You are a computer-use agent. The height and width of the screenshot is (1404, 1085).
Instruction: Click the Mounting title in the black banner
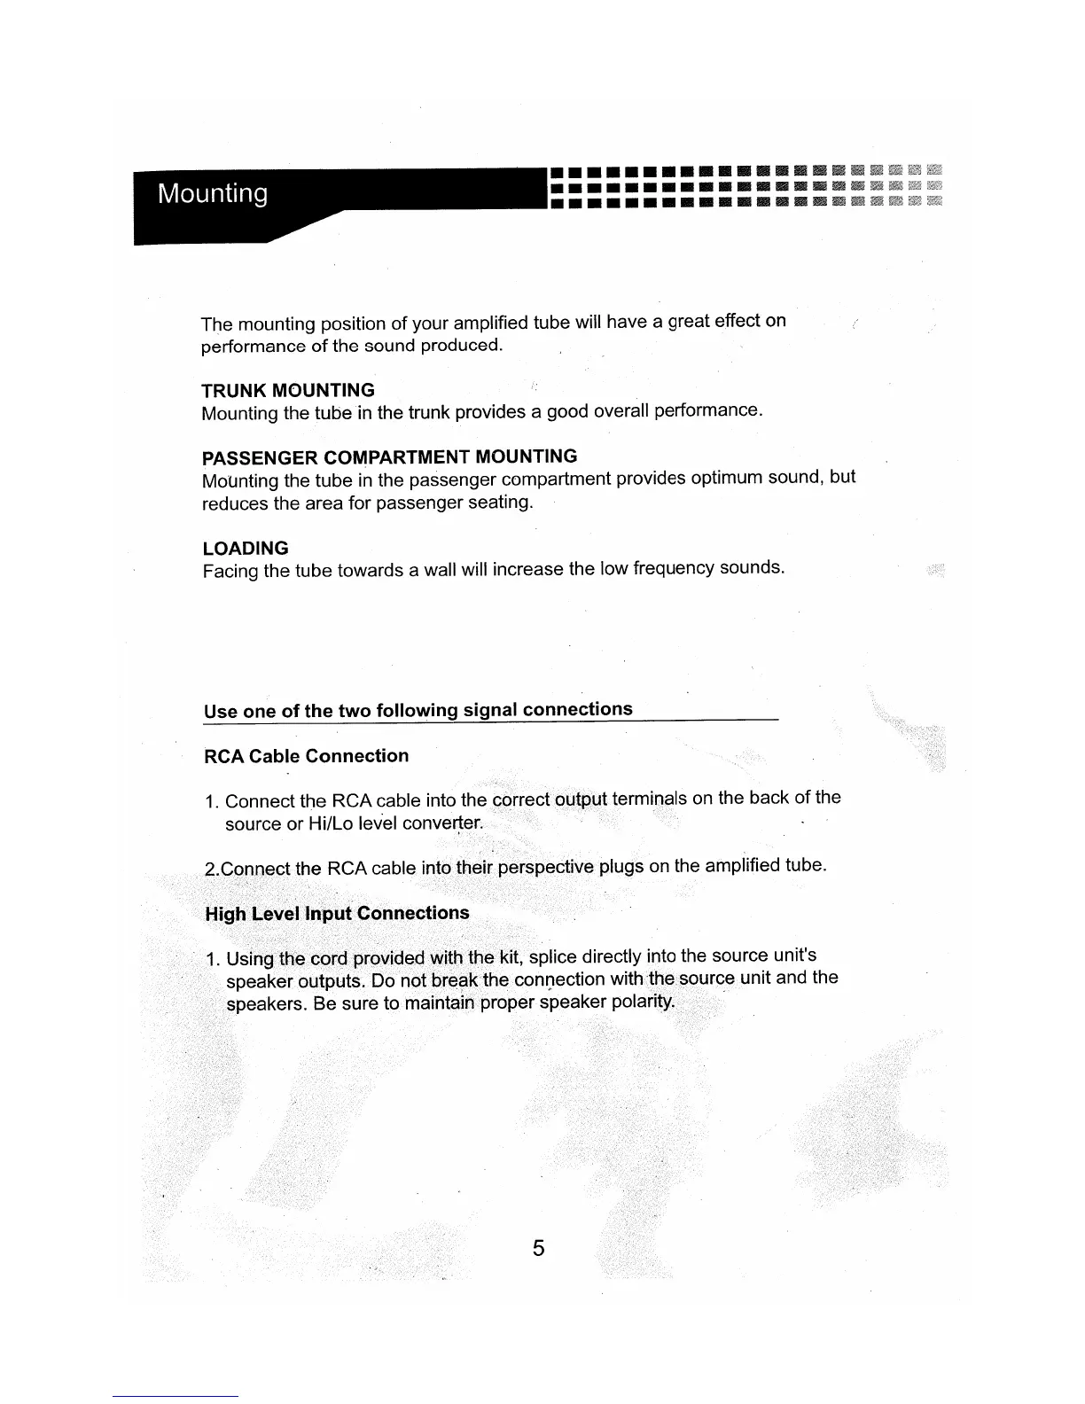coord(213,194)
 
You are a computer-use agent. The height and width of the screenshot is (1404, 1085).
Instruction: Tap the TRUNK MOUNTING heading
coord(288,391)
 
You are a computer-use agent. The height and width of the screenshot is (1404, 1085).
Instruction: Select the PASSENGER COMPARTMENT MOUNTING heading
coord(389,457)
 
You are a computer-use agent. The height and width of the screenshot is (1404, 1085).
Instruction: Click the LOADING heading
coord(246,549)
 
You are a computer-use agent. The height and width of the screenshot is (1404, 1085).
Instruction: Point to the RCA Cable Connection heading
coord(306,756)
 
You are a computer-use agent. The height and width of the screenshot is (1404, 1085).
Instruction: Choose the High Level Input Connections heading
coord(337,914)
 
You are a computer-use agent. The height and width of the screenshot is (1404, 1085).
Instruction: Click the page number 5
coord(538,1249)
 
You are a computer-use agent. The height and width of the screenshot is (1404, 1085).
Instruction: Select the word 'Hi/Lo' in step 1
coord(332,824)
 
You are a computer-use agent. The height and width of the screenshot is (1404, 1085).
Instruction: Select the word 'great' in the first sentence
coord(688,321)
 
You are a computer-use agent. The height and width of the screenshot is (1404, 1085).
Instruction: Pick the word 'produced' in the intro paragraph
coord(460,345)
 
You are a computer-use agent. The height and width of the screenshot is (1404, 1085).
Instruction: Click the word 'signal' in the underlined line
coord(490,710)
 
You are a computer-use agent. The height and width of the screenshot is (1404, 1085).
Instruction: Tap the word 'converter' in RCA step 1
coord(440,823)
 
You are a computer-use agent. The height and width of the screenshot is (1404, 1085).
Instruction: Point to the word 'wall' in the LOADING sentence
coord(440,568)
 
